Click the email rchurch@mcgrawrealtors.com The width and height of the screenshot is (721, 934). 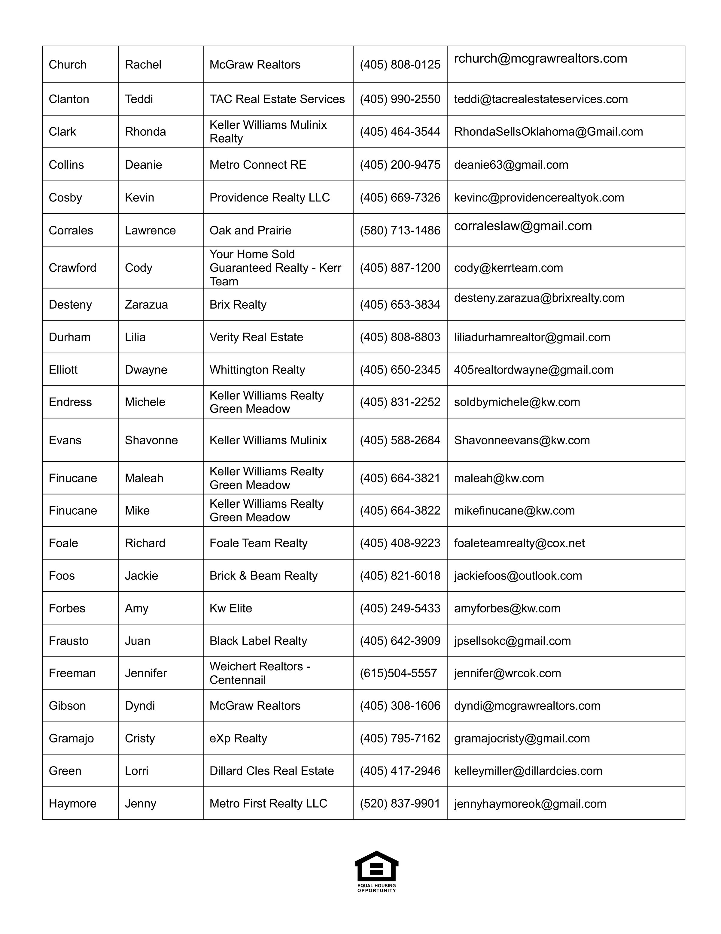coord(540,59)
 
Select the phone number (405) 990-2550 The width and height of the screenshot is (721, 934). coord(400,99)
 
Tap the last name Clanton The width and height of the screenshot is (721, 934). coord(69,99)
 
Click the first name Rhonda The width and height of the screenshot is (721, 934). coord(145,132)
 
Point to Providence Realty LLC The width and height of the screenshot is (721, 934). coord(269,198)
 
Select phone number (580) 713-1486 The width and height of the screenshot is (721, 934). coord(400,231)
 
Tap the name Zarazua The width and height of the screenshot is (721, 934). coord(146,304)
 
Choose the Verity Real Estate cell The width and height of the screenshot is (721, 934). coord(256,337)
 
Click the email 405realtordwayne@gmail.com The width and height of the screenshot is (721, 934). coord(534,370)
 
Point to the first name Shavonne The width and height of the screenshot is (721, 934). coord(151,440)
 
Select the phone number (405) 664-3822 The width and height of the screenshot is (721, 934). coord(400,511)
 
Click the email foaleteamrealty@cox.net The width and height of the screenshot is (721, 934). coord(519,543)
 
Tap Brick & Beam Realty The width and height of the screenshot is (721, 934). coord(263,576)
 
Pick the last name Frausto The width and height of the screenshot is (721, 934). coord(68,641)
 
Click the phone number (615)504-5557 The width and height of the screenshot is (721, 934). coord(398,673)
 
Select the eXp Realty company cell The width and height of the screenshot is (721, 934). coord(238,738)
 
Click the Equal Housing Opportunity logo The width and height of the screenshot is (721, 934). coord(376,871)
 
